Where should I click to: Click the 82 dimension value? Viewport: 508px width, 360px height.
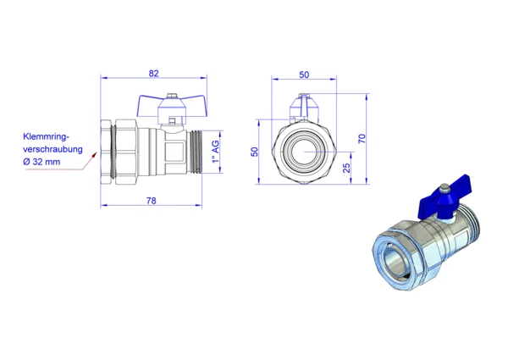[153, 74]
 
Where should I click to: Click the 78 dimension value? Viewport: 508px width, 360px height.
[151, 201]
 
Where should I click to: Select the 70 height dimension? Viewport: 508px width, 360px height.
[362, 139]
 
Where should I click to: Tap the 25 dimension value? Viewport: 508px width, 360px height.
[346, 168]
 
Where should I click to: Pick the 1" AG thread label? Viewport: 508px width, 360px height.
[215, 152]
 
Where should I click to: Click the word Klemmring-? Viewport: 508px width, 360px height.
[47, 136]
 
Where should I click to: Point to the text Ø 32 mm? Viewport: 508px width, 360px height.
[41, 162]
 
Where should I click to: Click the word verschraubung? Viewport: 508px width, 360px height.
[52, 149]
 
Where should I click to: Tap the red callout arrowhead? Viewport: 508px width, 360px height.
[94, 154]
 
